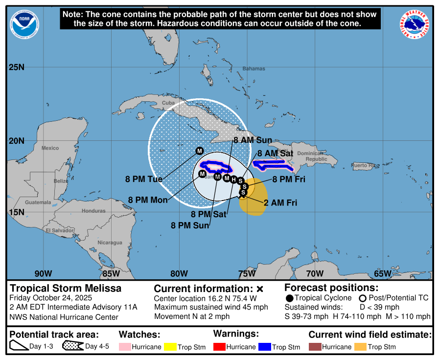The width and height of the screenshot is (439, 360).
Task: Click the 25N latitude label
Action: click(17, 67)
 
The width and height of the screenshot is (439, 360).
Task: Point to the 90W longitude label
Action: click(43, 273)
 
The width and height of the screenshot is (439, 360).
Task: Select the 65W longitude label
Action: click(382, 273)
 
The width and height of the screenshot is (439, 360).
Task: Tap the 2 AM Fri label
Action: click(280, 202)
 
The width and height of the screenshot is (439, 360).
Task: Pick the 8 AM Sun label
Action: click(253, 140)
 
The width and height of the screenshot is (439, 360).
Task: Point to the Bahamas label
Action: click(254, 69)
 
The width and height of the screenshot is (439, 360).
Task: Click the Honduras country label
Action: click(93, 211)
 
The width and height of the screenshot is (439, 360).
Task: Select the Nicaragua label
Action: click(110, 243)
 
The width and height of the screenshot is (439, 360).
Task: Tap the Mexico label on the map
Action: click(50, 148)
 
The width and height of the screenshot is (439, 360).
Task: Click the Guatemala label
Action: click(38, 202)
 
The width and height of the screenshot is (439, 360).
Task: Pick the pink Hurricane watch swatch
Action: click(125, 347)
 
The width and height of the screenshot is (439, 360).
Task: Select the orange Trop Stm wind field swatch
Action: click(361, 347)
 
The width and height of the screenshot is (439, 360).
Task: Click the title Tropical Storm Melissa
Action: click(66, 288)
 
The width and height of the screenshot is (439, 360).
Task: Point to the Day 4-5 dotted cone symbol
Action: click(72, 347)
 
